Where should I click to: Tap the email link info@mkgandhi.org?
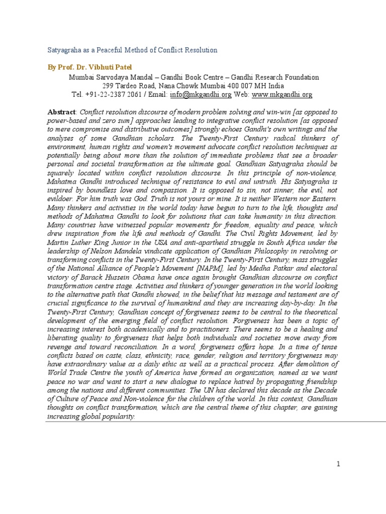[200, 94]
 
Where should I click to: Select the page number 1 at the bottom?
[339, 464]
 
